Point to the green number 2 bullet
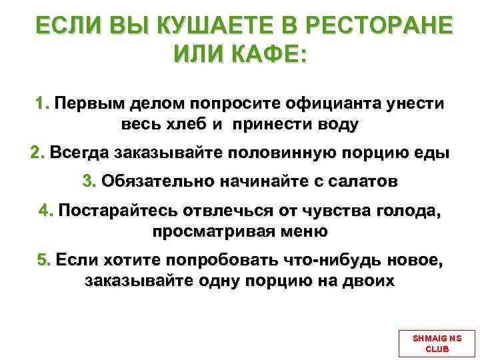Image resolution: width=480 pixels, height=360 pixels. tap(37, 153)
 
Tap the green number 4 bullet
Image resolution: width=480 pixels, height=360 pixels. tap(45, 211)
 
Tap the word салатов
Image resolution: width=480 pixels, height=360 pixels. tap(360, 181)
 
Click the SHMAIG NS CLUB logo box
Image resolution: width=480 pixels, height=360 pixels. tap(437, 343)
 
